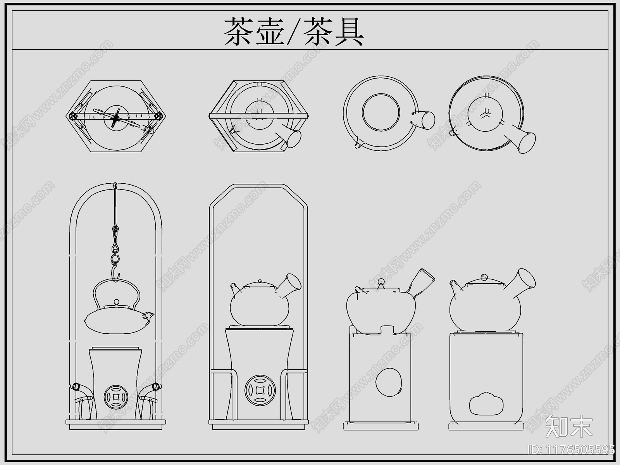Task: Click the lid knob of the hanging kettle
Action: tap(115, 302)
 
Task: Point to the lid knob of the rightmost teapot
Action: tap(484, 277)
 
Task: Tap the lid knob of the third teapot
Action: tap(381, 282)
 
